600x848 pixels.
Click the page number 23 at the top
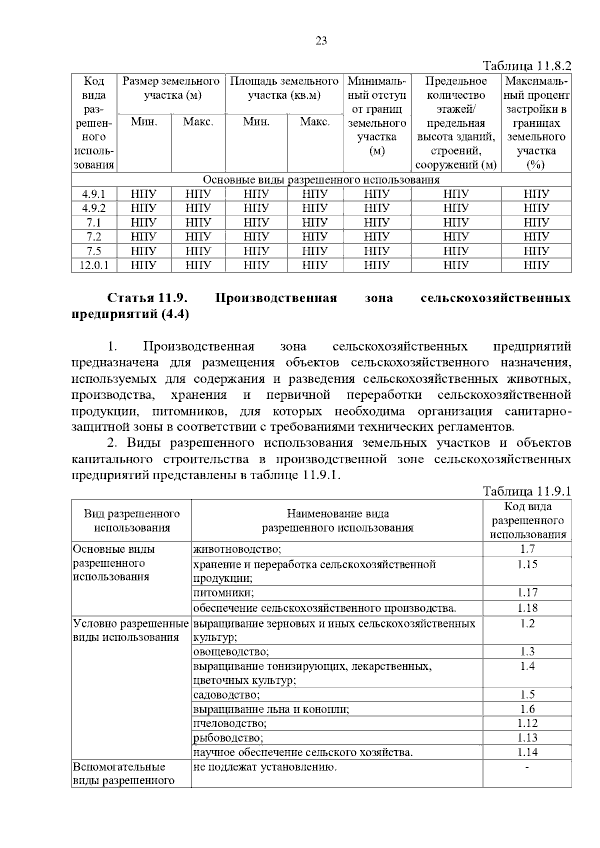point(321,41)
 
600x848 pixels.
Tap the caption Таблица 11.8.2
point(526,66)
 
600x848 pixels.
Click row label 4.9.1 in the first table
point(94,194)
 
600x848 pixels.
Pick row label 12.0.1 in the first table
point(94,265)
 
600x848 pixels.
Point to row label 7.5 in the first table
point(94,251)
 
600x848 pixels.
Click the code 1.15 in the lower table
point(527,564)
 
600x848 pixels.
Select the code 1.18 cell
point(527,608)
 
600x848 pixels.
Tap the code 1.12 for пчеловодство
point(527,723)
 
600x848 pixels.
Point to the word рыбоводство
point(228,737)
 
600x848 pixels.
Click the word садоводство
point(226,694)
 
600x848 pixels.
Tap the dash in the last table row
point(527,767)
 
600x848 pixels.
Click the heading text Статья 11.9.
point(147,298)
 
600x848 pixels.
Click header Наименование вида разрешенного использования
point(337,521)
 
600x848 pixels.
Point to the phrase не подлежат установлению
point(265,767)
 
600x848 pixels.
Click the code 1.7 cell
point(527,549)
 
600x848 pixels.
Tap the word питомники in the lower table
point(223,593)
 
